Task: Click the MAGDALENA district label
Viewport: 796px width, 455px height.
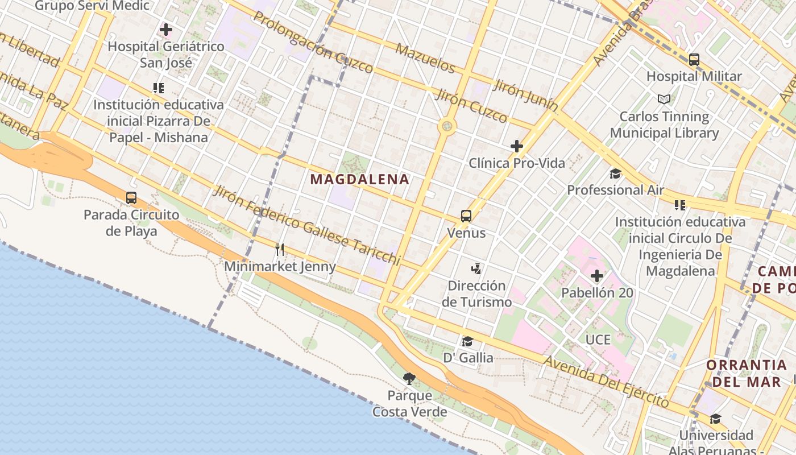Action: coord(359,180)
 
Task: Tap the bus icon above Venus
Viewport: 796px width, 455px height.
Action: coord(466,216)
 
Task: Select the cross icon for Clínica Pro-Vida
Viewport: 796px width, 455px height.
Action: coord(516,146)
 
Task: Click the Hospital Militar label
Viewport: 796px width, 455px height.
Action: coord(694,76)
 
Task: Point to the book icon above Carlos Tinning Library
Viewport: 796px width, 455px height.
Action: coord(664,99)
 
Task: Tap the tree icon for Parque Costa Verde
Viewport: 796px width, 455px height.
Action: coord(409,378)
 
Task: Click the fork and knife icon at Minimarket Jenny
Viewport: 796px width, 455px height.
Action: coord(279,249)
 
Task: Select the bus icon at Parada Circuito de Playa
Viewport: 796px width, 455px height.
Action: coord(131,198)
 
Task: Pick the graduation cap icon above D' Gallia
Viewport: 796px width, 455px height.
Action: coord(467,341)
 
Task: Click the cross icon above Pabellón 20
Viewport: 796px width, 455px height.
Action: coord(596,276)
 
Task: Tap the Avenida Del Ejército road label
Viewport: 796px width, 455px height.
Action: coord(606,382)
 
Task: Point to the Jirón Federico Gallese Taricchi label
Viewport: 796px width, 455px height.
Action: coord(307,225)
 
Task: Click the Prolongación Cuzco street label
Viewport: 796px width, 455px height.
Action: coord(313,42)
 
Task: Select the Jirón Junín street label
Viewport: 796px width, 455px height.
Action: coord(525,95)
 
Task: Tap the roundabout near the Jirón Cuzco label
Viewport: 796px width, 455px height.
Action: coord(447,126)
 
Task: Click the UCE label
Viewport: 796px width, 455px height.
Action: coord(598,340)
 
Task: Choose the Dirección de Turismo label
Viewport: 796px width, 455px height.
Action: coord(476,293)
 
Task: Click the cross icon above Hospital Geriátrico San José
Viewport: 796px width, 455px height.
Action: coord(166,29)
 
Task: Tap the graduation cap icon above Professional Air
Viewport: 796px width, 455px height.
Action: coord(615,173)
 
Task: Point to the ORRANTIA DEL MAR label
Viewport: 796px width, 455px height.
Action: coord(747,373)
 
